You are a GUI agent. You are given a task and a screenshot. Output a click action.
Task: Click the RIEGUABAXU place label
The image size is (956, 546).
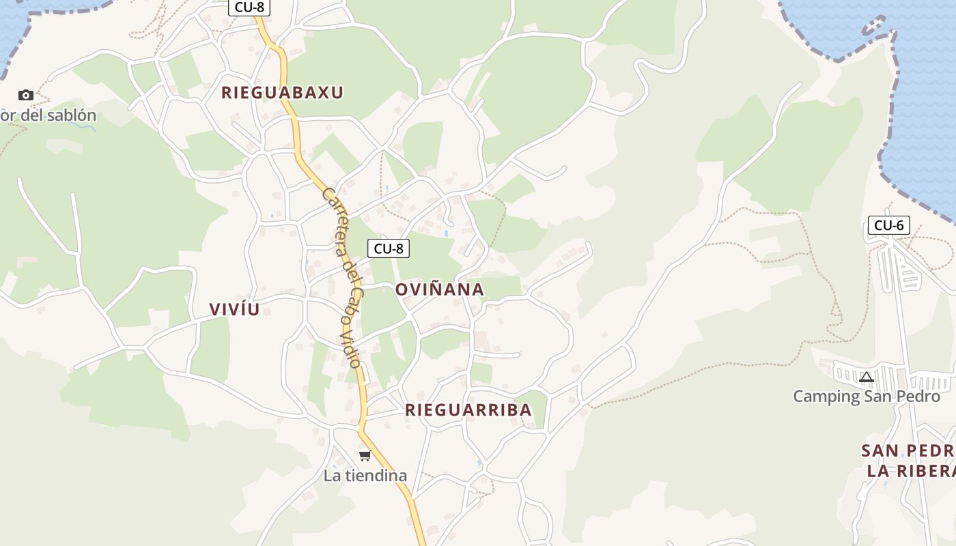(x=282, y=93)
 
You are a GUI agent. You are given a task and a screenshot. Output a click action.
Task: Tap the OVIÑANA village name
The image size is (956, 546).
(x=440, y=289)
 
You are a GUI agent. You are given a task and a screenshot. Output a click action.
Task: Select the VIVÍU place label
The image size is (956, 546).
(x=235, y=309)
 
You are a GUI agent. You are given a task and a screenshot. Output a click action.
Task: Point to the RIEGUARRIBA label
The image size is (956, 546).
(x=468, y=410)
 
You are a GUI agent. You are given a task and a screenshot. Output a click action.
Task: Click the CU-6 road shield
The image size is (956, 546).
(x=888, y=225)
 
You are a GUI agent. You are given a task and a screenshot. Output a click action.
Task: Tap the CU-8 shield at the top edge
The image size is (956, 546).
(x=249, y=8)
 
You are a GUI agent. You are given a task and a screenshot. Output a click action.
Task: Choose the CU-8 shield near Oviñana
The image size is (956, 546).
(x=389, y=248)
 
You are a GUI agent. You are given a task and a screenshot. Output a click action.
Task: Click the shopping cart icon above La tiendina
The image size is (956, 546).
(x=365, y=455)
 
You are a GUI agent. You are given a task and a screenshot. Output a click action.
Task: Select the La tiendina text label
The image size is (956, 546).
(x=365, y=476)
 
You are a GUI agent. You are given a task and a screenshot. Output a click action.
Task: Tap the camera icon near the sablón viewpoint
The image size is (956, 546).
(x=26, y=95)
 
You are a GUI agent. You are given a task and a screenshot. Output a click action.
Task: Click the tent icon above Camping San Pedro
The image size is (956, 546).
(x=867, y=377)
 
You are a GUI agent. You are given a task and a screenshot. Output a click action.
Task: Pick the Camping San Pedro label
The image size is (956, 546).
(x=867, y=397)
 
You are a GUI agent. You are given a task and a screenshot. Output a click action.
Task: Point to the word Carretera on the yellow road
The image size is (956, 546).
(x=333, y=218)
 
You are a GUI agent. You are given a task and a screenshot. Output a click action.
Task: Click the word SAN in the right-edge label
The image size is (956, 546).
(x=878, y=450)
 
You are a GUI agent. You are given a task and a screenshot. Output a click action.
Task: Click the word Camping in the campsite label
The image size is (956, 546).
(x=826, y=397)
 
